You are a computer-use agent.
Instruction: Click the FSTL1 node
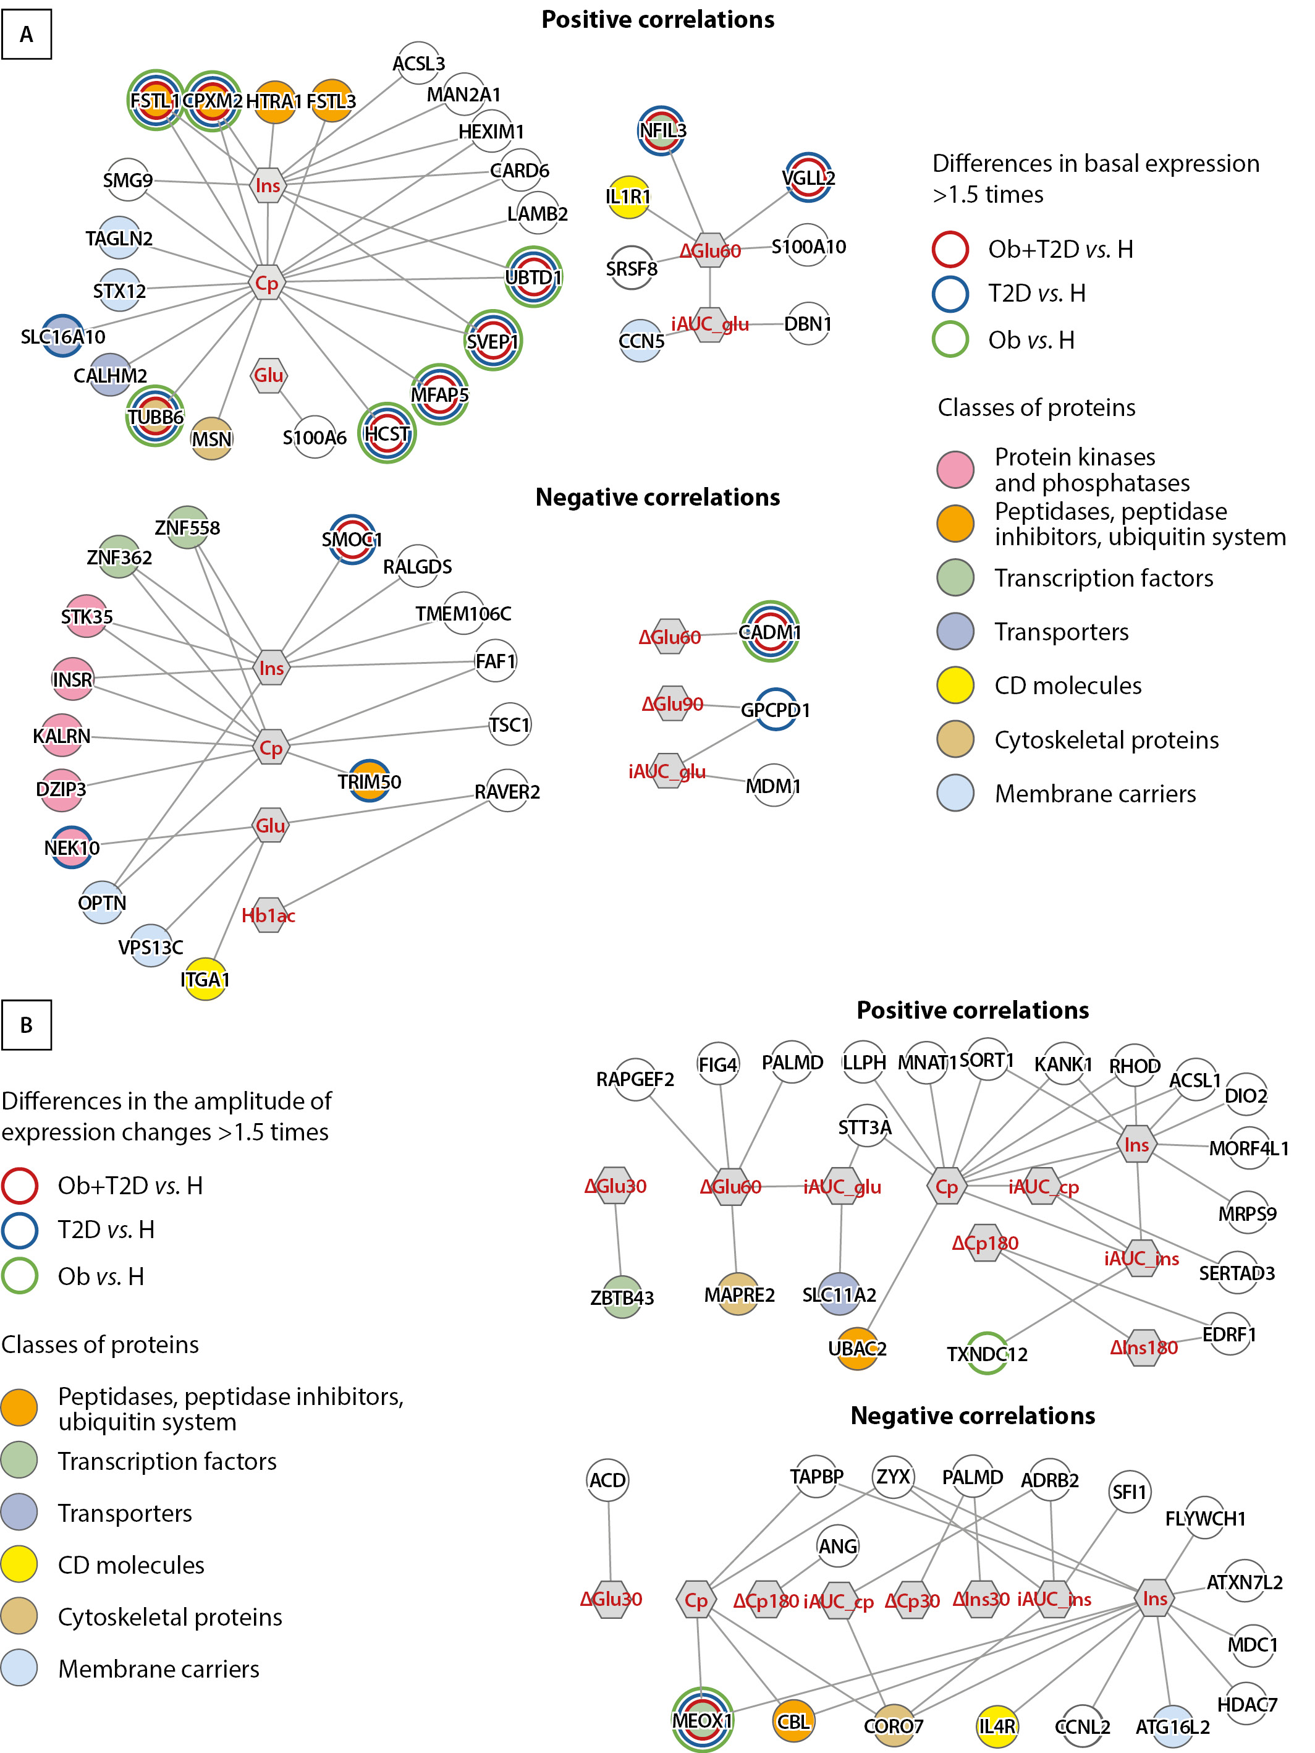[156, 100]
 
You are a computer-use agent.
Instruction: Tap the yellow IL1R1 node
[628, 197]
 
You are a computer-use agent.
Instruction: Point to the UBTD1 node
[533, 278]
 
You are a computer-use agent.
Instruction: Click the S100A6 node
[315, 436]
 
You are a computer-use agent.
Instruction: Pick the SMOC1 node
[352, 540]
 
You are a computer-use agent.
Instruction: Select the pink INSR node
[72, 679]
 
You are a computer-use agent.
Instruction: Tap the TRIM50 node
[369, 781]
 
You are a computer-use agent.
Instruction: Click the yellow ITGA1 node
[205, 980]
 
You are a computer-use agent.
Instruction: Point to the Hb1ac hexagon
[269, 915]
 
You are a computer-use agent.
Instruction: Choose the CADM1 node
[770, 632]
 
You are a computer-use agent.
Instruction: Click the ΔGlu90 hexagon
[672, 703]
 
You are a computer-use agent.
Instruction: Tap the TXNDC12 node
[987, 1354]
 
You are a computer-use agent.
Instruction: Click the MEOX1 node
[702, 1720]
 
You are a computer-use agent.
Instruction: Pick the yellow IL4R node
[997, 1726]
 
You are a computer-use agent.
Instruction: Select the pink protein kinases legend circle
[955, 469]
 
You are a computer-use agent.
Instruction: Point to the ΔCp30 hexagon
[913, 1600]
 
